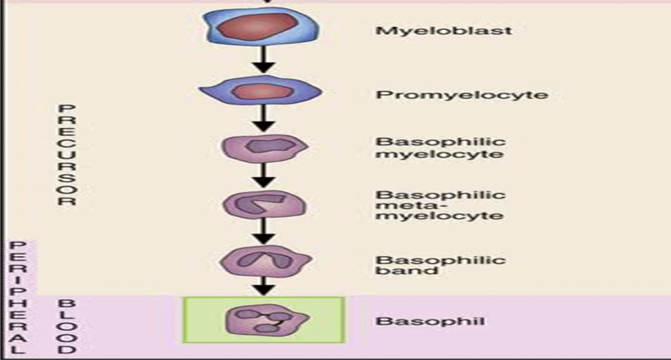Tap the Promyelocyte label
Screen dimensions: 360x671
tap(462, 95)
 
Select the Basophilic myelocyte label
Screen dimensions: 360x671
tap(440, 148)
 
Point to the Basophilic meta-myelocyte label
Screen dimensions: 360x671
tap(440, 205)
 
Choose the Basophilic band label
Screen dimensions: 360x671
tap(440, 265)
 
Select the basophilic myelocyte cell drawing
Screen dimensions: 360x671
tap(263, 148)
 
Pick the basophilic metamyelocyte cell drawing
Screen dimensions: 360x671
tap(263, 206)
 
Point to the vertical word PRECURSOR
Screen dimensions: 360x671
tap(66, 154)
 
